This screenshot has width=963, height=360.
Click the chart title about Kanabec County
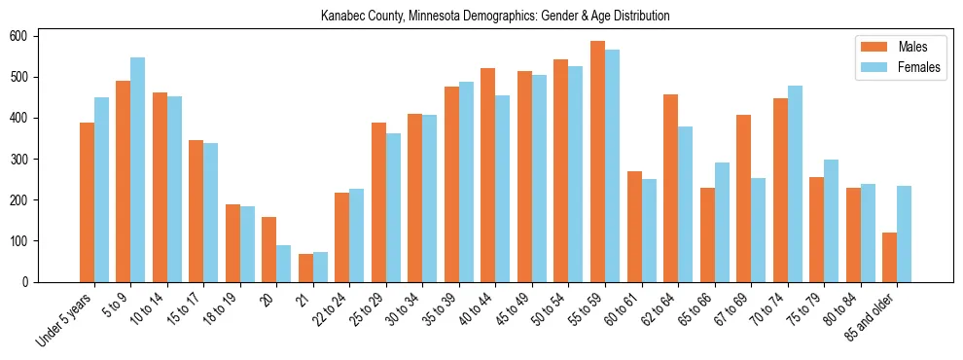tap(495, 17)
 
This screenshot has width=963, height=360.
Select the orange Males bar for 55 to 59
tap(597, 162)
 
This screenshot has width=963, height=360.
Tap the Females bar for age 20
tap(284, 264)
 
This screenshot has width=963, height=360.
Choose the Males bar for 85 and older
tap(889, 257)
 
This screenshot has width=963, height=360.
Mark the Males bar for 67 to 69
tap(743, 198)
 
